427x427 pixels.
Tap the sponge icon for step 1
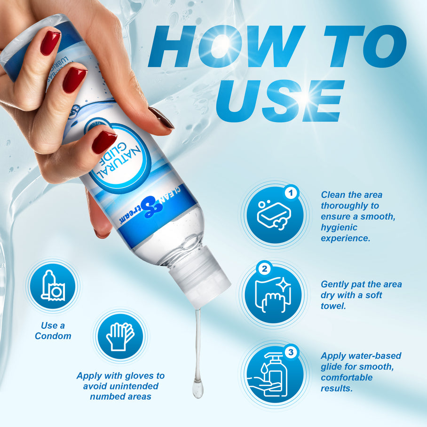(274, 214)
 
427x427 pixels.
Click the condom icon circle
(53, 286)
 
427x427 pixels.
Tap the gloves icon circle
(119, 336)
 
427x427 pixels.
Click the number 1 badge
(292, 192)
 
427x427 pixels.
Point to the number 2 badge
(265, 269)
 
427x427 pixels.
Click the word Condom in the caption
(53, 336)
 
